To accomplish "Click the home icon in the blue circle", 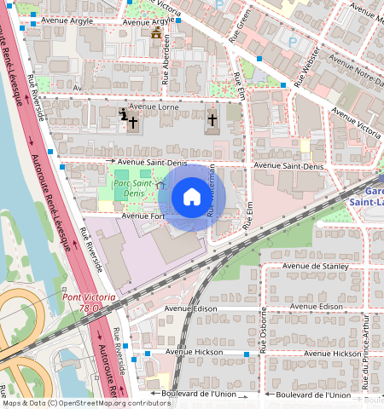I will [192, 198].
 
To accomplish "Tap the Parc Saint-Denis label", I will [132, 188].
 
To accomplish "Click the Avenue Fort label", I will [142, 216].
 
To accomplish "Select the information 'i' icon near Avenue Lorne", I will [125, 115].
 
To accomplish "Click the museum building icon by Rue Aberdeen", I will [155, 34].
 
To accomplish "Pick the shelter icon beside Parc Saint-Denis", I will [159, 185].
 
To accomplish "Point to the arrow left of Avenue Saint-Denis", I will [109, 160].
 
